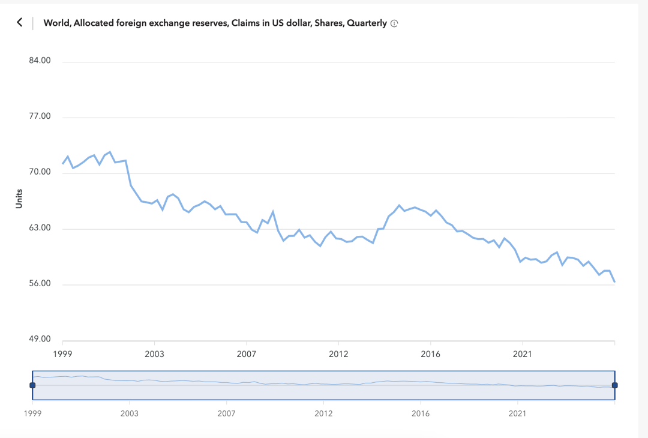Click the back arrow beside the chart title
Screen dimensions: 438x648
(x=19, y=22)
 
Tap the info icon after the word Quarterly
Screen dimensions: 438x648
(x=394, y=24)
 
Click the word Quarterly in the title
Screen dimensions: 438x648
(x=366, y=23)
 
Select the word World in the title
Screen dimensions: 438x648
(x=56, y=23)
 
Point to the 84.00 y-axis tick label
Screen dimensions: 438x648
(x=40, y=61)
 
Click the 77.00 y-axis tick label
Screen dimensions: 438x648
(x=40, y=117)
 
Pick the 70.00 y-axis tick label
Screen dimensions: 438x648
(x=40, y=173)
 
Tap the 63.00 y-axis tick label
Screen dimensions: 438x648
(x=40, y=229)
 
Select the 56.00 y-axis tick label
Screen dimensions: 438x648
(x=40, y=284)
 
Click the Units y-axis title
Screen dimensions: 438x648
(x=19, y=199)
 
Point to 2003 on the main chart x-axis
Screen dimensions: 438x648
(x=154, y=354)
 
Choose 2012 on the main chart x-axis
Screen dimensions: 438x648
(x=338, y=354)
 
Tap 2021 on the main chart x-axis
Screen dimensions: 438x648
(x=523, y=354)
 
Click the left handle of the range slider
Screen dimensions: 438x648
(x=32, y=385)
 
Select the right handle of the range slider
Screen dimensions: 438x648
(x=614, y=385)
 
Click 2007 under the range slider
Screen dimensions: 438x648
(x=226, y=413)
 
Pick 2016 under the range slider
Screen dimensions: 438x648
(x=421, y=413)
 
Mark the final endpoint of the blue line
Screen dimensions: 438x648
(x=614, y=281)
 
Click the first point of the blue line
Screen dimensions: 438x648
(x=62, y=163)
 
